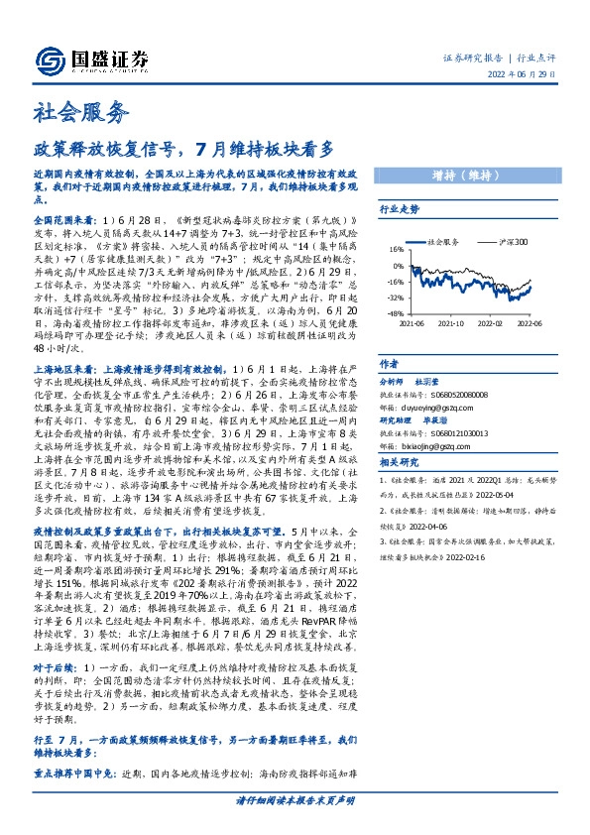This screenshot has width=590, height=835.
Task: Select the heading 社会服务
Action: pos(81,110)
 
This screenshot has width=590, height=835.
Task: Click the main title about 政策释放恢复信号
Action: pos(184,149)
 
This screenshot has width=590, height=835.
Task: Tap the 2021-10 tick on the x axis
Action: pos(451,322)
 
